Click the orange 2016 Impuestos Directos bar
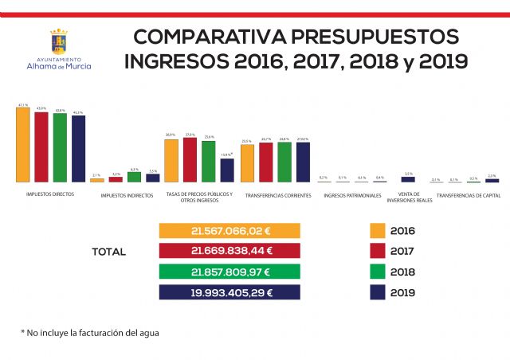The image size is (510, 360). point(22,145)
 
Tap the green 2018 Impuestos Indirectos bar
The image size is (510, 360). point(134,178)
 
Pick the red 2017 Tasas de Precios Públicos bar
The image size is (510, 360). point(190,160)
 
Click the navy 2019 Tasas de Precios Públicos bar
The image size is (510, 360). point(227,170)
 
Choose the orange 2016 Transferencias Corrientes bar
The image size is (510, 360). point(247,163)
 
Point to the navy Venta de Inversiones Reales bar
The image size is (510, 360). point(408,180)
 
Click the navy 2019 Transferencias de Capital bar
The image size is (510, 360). point(492,181)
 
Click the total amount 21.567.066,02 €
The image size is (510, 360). point(229,231)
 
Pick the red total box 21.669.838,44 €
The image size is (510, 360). point(229,252)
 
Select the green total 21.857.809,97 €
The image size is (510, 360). point(229,272)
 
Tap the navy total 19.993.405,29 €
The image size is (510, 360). point(229,292)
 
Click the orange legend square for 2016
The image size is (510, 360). point(378,231)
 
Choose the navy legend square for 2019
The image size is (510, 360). point(378,292)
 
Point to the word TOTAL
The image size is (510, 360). point(108,252)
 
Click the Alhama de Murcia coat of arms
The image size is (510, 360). point(59,41)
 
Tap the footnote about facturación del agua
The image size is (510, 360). point(90,331)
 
